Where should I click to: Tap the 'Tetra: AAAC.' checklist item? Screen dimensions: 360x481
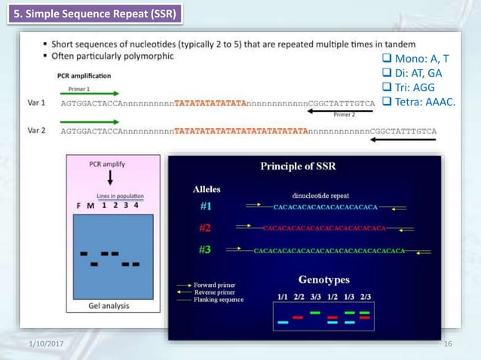(419, 102)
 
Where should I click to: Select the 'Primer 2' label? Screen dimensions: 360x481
(344, 114)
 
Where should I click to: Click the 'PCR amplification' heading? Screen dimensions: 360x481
(84, 75)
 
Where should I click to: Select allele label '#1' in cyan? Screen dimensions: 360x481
(205, 206)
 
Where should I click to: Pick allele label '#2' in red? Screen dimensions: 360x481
(205, 227)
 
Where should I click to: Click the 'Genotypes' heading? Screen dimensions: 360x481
(324, 279)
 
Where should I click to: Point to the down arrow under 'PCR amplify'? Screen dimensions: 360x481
(112, 178)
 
